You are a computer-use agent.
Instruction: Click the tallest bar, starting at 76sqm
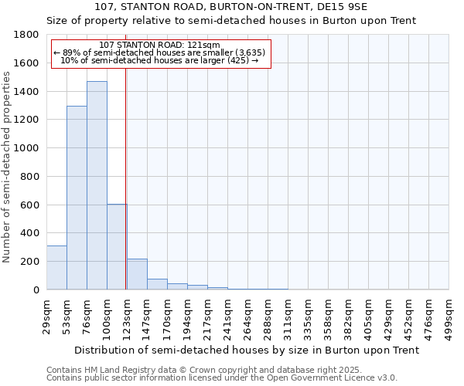coord(97,185)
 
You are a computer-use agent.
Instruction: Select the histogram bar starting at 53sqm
coord(77,198)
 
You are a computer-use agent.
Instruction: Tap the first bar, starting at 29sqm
coord(56,267)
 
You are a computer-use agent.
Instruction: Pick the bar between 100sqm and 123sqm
coord(117,247)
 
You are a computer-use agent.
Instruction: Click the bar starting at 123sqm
coord(137,274)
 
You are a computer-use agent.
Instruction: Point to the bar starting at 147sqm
coord(157,284)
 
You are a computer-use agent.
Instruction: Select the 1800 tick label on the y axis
coord(27,35)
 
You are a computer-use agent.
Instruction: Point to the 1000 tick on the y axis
coord(27,148)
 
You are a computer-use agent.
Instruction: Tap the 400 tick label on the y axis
coord(30,233)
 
